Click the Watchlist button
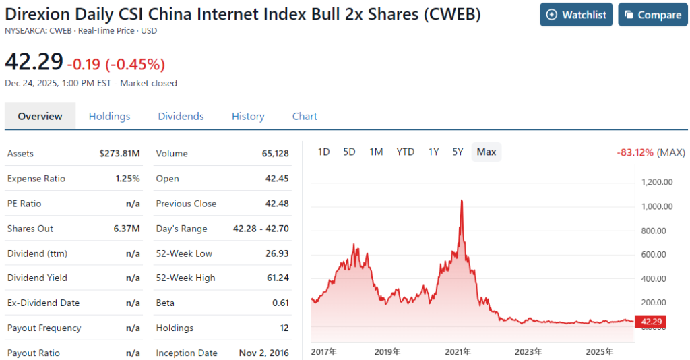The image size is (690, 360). pyautogui.click(x=576, y=15)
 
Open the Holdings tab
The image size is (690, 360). pyautogui.click(x=109, y=116)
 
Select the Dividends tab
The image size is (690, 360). pyautogui.click(x=181, y=116)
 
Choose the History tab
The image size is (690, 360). pyautogui.click(x=248, y=116)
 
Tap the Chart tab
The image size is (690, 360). pyautogui.click(x=305, y=116)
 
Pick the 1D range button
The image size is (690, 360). pyautogui.click(x=323, y=152)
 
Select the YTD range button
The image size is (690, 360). pyautogui.click(x=405, y=152)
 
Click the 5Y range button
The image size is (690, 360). pyautogui.click(x=458, y=152)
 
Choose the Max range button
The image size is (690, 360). pyautogui.click(x=487, y=152)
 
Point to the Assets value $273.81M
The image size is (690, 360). pyautogui.click(x=119, y=154)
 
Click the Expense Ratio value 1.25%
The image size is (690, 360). pyautogui.click(x=127, y=179)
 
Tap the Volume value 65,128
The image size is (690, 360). pyautogui.click(x=275, y=154)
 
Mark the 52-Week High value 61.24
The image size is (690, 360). pyautogui.click(x=277, y=278)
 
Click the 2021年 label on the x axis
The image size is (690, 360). pyautogui.click(x=458, y=351)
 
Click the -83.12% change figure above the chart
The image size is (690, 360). pyautogui.click(x=635, y=152)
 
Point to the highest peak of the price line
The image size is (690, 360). pyautogui.click(x=462, y=200)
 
